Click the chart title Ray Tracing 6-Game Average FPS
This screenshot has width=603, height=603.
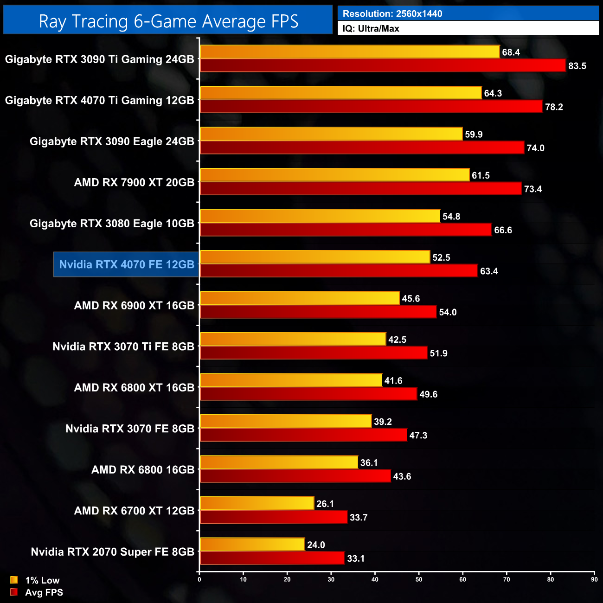pyautogui.click(x=168, y=21)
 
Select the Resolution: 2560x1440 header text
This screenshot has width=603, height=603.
pyautogui.click(x=392, y=14)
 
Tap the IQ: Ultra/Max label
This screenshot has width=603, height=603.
pyautogui.click(x=371, y=29)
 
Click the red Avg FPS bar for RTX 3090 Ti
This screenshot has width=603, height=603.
pyautogui.click(x=383, y=65)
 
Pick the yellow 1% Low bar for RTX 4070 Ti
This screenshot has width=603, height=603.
pyautogui.click(x=340, y=93)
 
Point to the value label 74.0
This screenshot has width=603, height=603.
pyautogui.click(x=535, y=148)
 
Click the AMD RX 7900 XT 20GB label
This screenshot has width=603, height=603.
pyautogui.click(x=134, y=182)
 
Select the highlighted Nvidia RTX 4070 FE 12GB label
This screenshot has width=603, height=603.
pyautogui.click(x=127, y=264)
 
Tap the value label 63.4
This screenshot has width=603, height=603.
pyautogui.click(x=489, y=271)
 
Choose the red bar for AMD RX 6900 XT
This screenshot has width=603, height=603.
pyautogui.click(x=318, y=312)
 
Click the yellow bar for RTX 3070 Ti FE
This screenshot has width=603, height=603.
pyautogui.click(x=293, y=339)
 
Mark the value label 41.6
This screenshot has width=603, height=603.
pyautogui.click(x=393, y=381)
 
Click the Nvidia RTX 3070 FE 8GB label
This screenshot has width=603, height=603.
pyautogui.click(x=130, y=429)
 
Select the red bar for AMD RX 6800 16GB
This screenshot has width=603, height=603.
pyautogui.click(x=295, y=476)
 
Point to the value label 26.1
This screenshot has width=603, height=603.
pyautogui.click(x=325, y=504)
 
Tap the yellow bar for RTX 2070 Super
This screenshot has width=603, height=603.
pyautogui.click(x=252, y=544)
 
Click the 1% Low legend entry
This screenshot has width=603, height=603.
pyautogui.click(x=42, y=580)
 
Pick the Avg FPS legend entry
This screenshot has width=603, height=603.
pyautogui.click(x=44, y=592)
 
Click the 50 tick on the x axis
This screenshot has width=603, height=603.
pyautogui.click(x=419, y=579)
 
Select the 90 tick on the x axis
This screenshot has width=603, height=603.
pyautogui.click(x=594, y=579)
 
